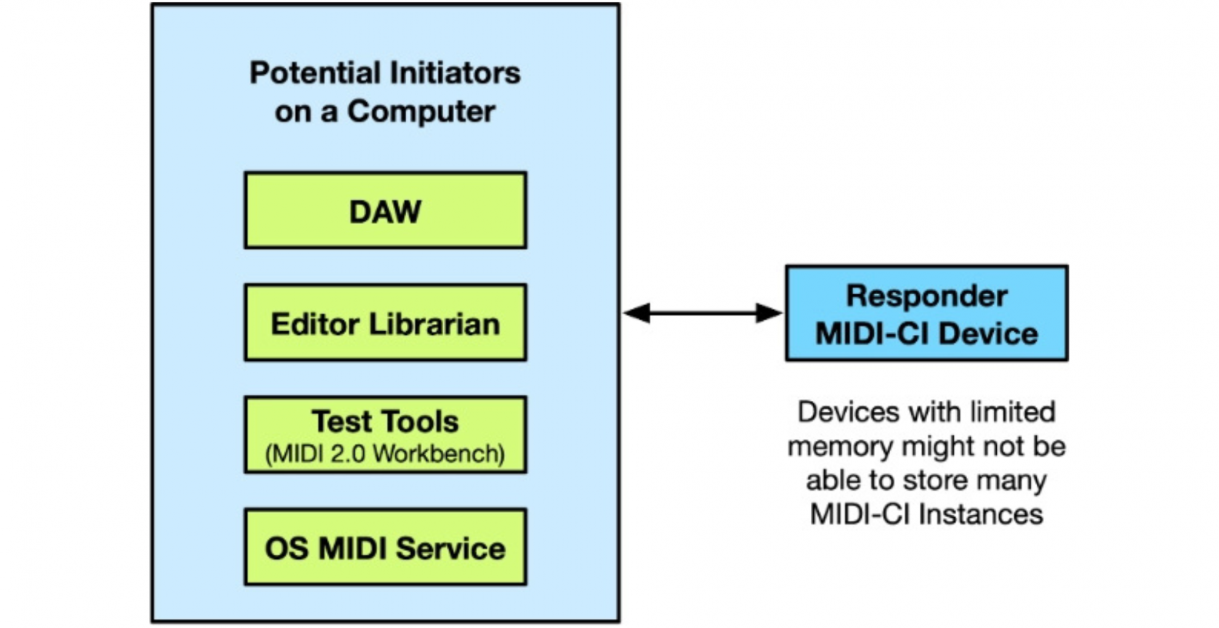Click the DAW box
tap(385, 211)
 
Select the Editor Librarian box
tap(385, 323)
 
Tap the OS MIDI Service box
tap(385, 547)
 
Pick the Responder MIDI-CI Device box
tap(927, 313)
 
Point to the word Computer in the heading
tap(421, 111)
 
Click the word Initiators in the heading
tap(462, 73)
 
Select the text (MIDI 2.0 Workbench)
tap(385, 454)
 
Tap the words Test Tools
tap(385, 422)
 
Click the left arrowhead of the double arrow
tap(637, 313)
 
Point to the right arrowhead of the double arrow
tap(769, 313)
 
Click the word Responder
tap(927, 296)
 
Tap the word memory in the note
tap(840, 446)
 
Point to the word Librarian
tap(434, 324)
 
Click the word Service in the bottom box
tap(451, 548)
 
